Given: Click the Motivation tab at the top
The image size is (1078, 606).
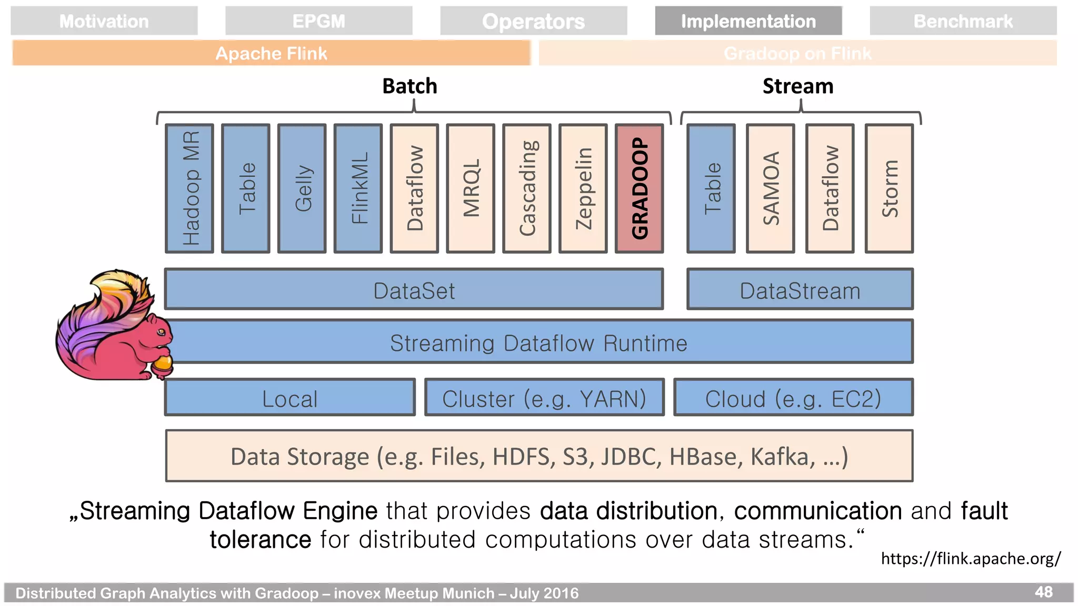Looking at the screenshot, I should (104, 21).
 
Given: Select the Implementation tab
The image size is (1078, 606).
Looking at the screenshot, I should (748, 21).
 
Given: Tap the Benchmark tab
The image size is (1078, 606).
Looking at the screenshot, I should (963, 21).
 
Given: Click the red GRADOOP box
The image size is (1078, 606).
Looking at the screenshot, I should (639, 188).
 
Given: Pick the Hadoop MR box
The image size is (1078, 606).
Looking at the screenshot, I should (189, 188).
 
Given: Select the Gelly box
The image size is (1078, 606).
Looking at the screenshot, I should (302, 188).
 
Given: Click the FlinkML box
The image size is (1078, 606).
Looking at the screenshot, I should (358, 188).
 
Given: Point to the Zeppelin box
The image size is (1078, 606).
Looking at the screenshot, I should (583, 188).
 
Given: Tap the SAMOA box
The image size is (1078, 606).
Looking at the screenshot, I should (770, 188).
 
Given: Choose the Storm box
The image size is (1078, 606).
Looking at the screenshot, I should (889, 188).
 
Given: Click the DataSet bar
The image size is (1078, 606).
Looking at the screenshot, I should (414, 290).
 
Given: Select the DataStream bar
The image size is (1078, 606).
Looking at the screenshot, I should (800, 290).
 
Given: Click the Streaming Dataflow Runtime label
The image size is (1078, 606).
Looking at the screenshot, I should (538, 343).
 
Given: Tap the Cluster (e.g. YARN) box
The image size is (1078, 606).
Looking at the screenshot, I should (544, 398).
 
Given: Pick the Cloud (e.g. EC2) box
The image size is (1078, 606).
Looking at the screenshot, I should (793, 398).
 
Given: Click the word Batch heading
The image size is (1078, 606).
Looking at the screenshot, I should (410, 86).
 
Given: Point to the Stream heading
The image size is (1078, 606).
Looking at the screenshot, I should (798, 86).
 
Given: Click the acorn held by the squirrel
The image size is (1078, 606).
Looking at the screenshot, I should (163, 364).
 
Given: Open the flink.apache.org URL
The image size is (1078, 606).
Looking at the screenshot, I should (971, 559).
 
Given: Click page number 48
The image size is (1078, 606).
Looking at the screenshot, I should (1043, 592).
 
